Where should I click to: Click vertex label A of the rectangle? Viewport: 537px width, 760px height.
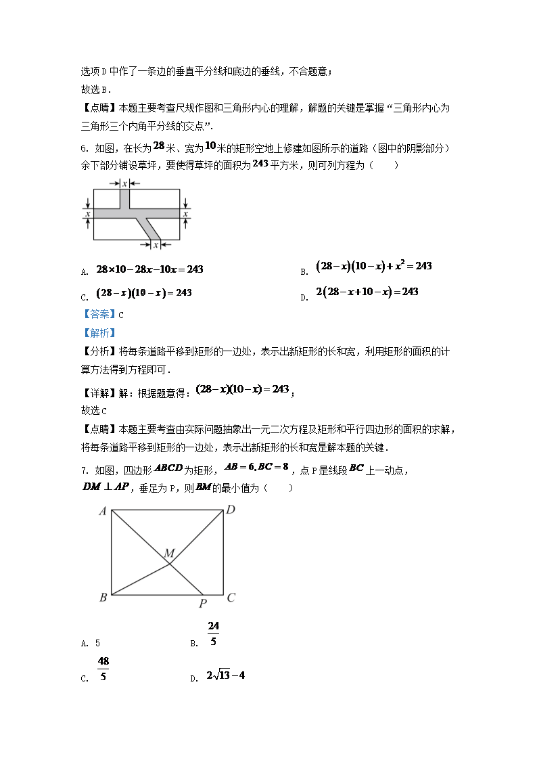103,512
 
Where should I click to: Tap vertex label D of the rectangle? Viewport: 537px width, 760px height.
230,510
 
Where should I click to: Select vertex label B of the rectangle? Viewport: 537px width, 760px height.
103,598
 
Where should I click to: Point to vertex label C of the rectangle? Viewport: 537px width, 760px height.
231,598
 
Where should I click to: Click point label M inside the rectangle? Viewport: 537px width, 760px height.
168,554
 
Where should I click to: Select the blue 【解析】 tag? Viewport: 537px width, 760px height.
99,332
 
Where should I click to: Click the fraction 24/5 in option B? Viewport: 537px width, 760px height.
213,634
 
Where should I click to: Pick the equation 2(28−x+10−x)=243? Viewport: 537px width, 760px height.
367,292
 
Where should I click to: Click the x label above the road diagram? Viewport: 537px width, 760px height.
124,183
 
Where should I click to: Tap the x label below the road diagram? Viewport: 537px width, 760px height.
156,245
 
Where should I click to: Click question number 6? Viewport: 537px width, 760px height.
84,148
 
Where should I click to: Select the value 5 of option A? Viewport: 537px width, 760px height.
97,644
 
